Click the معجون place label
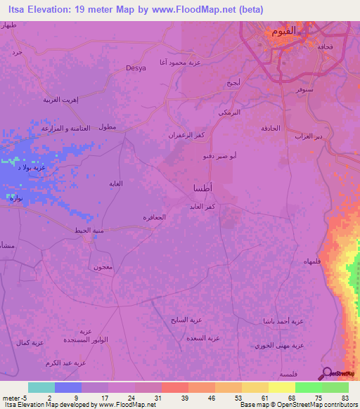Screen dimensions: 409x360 [103, 267]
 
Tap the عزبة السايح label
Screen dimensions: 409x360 [186, 320]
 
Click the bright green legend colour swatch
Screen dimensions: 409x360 [308, 387]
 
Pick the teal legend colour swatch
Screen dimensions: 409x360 [41, 387]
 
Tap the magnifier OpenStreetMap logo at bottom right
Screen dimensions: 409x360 [326, 372]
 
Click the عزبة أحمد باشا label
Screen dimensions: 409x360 [283, 320]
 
